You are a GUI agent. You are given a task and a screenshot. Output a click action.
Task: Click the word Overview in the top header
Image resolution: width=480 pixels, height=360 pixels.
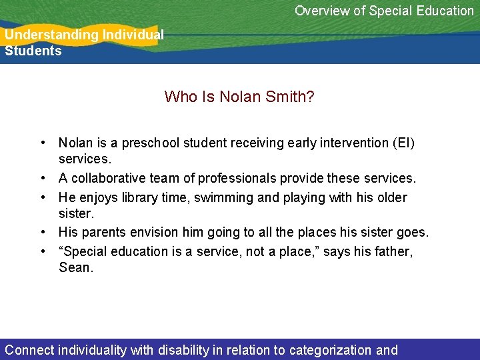(321, 11)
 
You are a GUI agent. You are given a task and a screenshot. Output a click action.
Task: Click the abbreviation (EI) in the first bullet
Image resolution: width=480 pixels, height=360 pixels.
(403, 143)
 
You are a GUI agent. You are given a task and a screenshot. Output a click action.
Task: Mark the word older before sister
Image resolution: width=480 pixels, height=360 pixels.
(390, 197)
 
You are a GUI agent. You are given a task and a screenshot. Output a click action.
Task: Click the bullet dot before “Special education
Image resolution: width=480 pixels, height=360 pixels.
(42, 251)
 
